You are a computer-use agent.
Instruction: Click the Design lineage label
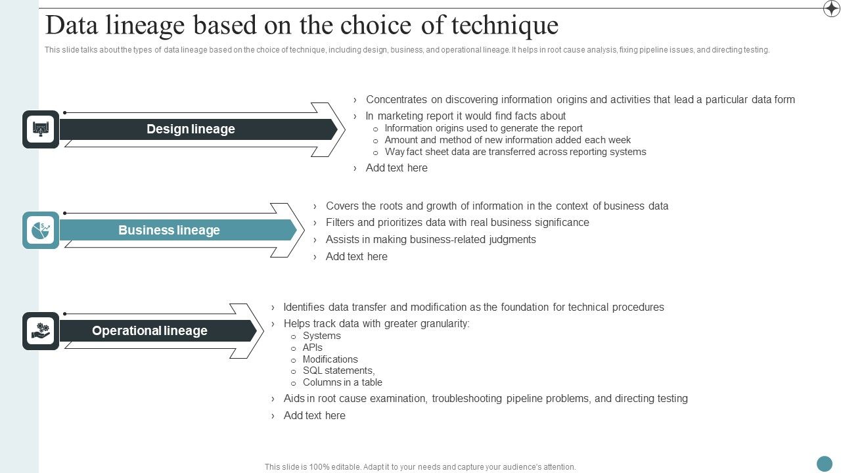point(191,129)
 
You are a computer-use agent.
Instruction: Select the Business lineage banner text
point(169,231)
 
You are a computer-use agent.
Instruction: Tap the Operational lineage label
point(149,331)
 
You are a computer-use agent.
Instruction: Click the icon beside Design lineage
point(41,129)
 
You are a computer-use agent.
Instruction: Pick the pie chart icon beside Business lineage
point(41,231)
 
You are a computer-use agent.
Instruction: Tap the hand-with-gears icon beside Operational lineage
point(41,331)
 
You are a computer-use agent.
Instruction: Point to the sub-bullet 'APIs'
point(312,348)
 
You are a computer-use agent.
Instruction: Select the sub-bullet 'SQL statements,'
point(338,371)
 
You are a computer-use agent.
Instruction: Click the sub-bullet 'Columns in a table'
point(342,382)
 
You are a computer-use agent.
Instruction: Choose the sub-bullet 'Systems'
point(321,336)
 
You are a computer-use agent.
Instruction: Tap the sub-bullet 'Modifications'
point(330,359)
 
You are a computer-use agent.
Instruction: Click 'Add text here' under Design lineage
point(396,168)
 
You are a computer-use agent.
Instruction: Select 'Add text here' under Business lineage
point(356,257)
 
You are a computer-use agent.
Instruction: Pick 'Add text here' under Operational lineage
point(314,416)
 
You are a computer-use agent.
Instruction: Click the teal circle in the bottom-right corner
point(824,464)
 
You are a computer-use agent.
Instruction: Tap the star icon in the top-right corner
point(831,9)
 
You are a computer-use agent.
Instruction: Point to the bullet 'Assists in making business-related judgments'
point(430,240)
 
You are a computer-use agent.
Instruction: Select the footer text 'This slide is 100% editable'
point(420,467)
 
